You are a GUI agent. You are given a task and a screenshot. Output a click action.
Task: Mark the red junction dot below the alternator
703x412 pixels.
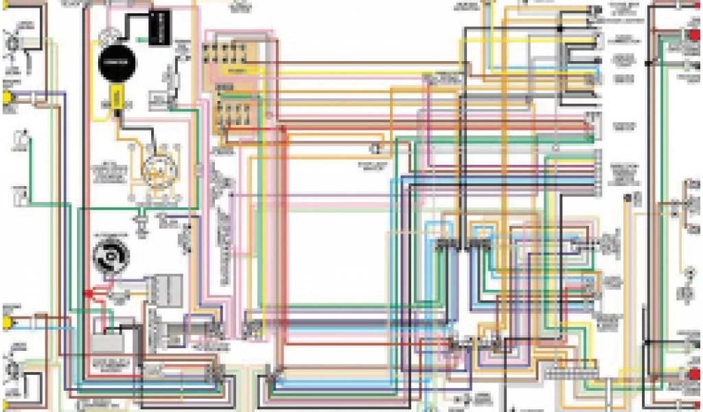89,293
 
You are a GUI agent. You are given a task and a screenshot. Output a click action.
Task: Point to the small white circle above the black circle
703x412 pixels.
106,34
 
